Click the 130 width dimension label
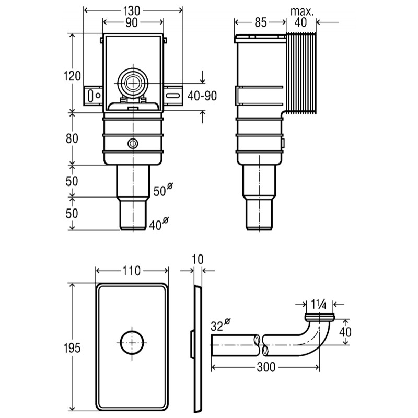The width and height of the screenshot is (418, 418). (x=132, y=10)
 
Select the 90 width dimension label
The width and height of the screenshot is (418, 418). (x=132, y=22)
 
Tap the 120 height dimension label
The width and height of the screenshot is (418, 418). (x=72, y=76)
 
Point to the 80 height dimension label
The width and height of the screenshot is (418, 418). (x=72, y=138)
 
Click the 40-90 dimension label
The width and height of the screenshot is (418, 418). (x=202, y=96)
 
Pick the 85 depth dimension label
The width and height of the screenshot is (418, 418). (x=260, y=22)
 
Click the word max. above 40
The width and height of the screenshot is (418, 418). (x=302, y=11)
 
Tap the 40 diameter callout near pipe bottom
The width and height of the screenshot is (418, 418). (x=159, y=224)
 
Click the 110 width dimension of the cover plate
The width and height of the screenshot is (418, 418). (x=132, y=271)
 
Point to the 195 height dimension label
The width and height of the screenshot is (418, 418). (x=72, y=348)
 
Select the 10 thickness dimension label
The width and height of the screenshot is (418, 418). (x=198, y=259)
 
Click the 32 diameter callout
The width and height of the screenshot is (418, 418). (x=220, y=324)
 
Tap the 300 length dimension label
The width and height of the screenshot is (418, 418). (x=266, y=367)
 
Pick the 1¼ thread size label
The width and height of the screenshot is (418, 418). (x=319, y=304)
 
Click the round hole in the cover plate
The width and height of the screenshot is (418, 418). (x=132, y=343)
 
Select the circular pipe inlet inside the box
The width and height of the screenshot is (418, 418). (x=133, y=83)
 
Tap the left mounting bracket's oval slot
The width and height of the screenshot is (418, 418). (x=90, y=96)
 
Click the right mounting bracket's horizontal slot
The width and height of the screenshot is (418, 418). (x=173, y=96)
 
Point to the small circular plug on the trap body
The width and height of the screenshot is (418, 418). (x=133, y=144)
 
